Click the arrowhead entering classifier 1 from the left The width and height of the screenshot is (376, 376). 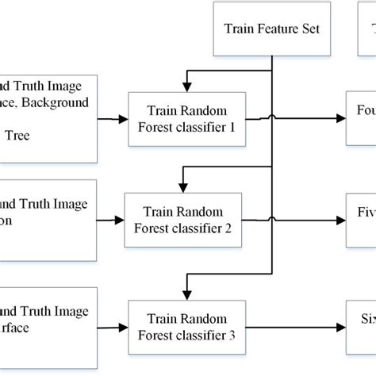(124, 118)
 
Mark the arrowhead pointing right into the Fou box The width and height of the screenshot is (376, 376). (342, 118)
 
